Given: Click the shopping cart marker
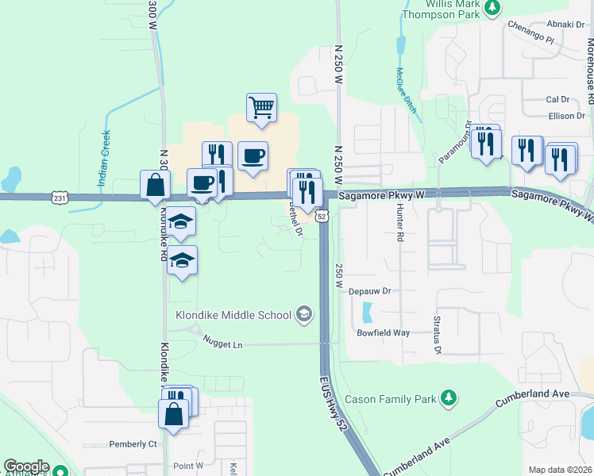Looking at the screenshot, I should pos(261,107).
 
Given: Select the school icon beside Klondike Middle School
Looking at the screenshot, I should pos(303,315).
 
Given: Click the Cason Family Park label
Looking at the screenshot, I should pos(395,397).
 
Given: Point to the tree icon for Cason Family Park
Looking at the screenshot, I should pos(449,397).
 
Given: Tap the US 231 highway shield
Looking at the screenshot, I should pos(60,197).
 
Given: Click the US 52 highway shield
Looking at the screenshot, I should pos(322,216).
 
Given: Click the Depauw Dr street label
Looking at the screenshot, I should pos(371,291).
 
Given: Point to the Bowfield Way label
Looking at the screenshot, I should pos(383,332).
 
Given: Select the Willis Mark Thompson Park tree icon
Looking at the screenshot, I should pos(493,7).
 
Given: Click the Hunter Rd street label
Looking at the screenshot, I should pos(399,231).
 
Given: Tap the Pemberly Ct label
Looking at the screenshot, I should pos(133,443).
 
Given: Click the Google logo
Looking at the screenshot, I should pos(26,467).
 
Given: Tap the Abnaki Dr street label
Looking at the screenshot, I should pos(565,24).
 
